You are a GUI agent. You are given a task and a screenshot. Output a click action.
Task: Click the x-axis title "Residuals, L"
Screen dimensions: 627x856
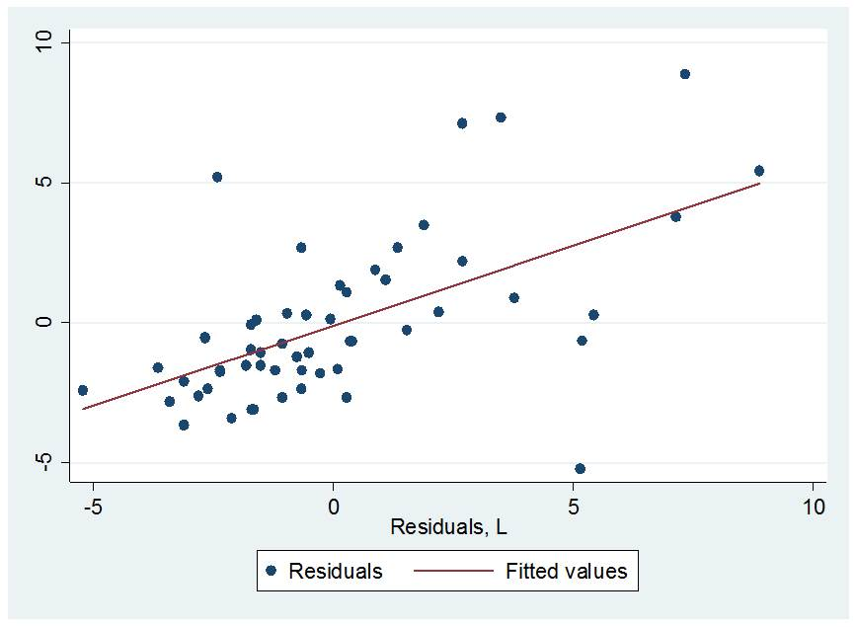pyautogui.click(x=449, y=527)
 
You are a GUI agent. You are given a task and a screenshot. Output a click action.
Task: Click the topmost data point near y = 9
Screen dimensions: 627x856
pyautogui.click(x=684, y=74)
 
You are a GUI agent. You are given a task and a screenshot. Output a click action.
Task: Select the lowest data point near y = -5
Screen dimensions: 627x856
pyautogui.click(x=580, y=468)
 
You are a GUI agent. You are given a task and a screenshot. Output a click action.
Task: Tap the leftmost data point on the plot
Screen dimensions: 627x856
pyautogui.click(x=83, y=390)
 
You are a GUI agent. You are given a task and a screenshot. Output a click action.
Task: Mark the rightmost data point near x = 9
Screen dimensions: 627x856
pyautogui.click(x=758, y=171)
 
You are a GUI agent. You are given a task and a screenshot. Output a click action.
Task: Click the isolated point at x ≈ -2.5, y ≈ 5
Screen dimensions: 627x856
pyautogui.click(x=217, y=177)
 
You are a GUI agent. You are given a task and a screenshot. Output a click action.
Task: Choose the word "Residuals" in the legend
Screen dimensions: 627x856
pyautogui.click(x=335, y=571)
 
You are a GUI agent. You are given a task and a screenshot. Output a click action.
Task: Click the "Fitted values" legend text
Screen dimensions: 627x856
pyautogui.click(x=566, y=571)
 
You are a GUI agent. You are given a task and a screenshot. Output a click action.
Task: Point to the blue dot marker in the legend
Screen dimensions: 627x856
pyautogui.click(x=271, y=571)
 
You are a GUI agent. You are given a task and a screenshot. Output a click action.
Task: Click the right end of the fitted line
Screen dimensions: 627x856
pyautogui.click(x=759, y=183)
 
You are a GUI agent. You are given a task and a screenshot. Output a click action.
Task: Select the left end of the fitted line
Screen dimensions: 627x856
pyautogui.click(x=83, y=409)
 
